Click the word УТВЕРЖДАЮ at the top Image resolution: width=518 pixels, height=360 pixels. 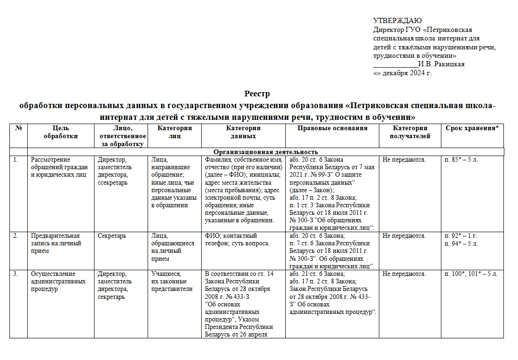(x=397, y=20)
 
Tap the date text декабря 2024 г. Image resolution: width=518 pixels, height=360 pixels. (x=407, y=73)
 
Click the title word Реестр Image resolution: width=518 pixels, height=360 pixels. (x=257, y=94)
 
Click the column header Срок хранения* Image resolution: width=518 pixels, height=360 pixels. (x=471, y=128)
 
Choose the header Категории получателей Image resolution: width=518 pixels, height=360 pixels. (x=410, y=132)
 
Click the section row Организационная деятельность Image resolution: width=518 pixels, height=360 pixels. (x=266, y=152)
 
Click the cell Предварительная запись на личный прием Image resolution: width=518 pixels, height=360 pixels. (x=55, y=243)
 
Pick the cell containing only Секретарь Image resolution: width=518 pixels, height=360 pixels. (x=112, y=236)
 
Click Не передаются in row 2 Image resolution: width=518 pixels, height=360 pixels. (x=404, y=236)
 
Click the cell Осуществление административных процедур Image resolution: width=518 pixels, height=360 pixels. (x=58, y=281)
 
